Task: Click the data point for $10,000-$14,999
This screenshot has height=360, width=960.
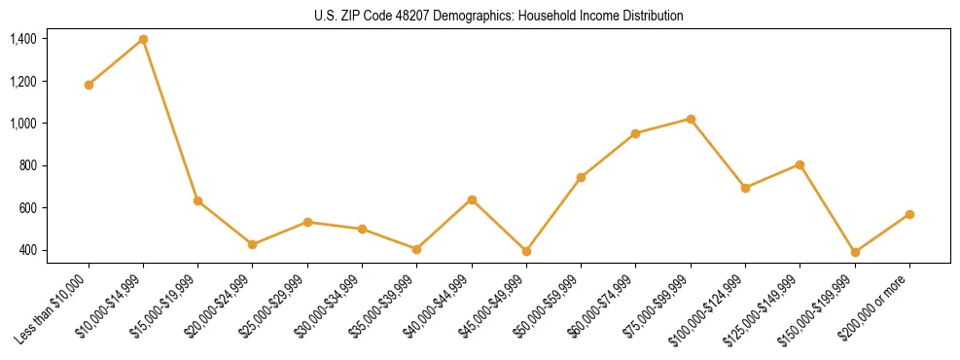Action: (x=143, y=39)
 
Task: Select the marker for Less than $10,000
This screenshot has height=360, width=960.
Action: (x=89, y=85)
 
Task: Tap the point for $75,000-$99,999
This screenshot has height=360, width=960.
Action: (x=691, y=119)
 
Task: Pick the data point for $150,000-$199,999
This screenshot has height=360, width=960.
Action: (x=855, y=252)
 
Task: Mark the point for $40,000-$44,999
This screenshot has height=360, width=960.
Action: (x=472, y=199)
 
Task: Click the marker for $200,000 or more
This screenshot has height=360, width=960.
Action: (x=909, y=214)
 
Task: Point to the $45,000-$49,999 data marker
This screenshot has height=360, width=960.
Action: (x=526, y=251)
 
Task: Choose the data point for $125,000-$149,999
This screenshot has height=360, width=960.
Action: (x=800, y=164)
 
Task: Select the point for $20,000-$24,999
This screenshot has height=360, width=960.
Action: (x=253, y=244)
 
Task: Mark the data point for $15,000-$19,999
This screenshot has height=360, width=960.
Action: (x=198, y=200)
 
